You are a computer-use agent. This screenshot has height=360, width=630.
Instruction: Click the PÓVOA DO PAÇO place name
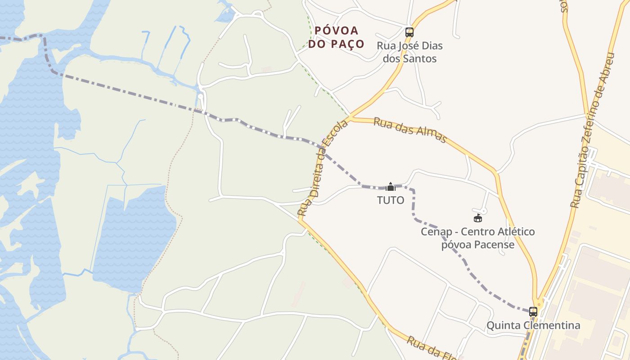pos(336,37)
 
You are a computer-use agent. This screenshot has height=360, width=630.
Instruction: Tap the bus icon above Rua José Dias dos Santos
pos(409,32)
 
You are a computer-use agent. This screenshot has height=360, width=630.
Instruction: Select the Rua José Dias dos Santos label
pos(409,52)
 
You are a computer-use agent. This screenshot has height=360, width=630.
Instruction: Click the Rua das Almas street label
pos(410,130)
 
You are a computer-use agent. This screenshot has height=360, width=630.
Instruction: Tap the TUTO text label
pos(391,200)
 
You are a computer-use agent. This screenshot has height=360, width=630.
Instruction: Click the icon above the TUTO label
pos(391,186)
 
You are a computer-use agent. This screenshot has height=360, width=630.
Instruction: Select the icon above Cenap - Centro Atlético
pos(478,218)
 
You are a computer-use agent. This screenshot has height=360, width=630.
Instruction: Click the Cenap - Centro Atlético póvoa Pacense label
pos(477,238)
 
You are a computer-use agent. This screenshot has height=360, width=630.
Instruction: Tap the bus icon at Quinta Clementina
pos(533,311)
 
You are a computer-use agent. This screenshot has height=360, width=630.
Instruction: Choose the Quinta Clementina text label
pos(533,325)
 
